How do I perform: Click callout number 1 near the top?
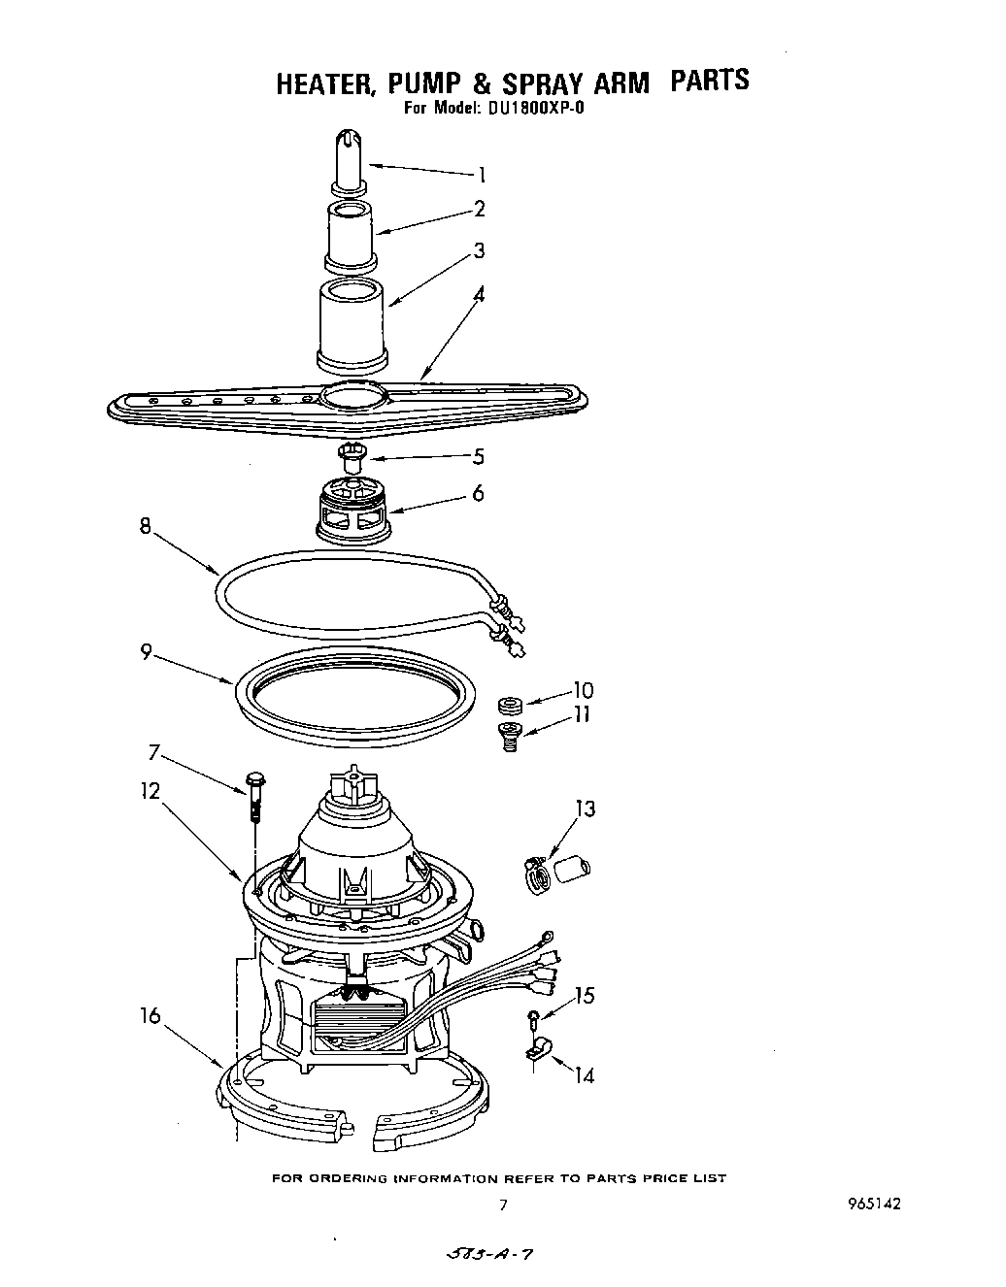click(480, 176)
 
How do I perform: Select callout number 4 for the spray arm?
click(479, 293)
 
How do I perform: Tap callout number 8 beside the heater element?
click(146, 527)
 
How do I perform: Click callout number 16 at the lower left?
click(151, 1015)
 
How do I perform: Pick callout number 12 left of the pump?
click(151, 790)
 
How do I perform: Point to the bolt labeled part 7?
click(255, 789)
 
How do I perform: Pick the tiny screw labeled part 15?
click(532, 1018)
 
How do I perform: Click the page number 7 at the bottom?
click(502, 1204)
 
